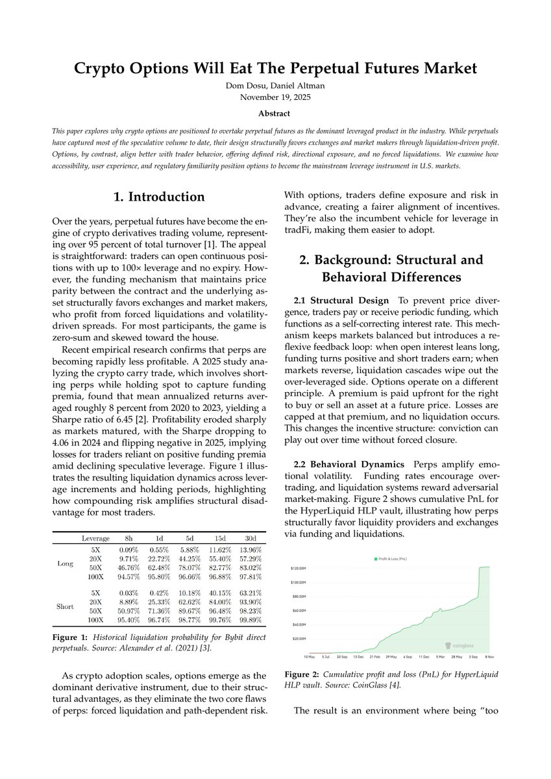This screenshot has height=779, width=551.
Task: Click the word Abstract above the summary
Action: (x=275, y=113)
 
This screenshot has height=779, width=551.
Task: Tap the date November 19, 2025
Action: (x=275, y=97)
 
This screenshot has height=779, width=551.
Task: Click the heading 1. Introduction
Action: (x=158, y=197)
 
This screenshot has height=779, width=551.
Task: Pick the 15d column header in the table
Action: (x=215, y=538)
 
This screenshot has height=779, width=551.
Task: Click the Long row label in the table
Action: (x=66, y=563)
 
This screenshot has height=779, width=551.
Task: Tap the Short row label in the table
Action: (x=66, y=606)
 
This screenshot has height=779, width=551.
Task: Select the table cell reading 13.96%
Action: (x=245, y=550)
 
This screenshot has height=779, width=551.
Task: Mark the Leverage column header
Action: (x=95, y=538)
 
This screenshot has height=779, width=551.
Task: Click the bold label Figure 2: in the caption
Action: (x=303, y=674)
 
